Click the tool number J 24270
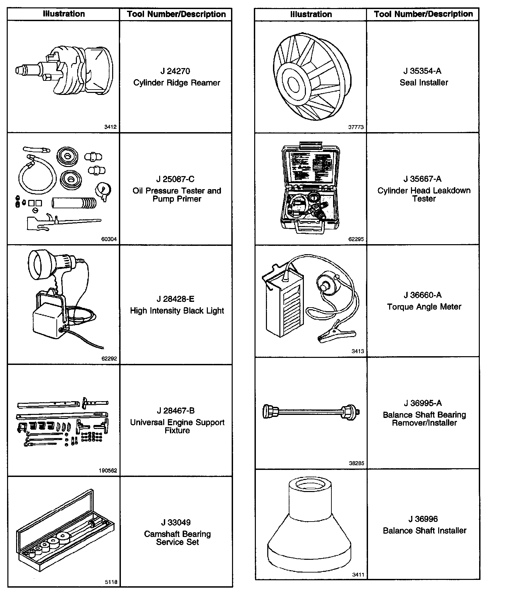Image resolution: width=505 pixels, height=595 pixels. (175, 71)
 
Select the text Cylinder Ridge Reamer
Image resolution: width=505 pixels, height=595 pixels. (177, 83)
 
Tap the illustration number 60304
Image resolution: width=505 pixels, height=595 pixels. (109, 239)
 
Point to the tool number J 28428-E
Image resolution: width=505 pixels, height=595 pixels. (176, 299)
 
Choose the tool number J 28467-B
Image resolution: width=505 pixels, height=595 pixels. (176, 411)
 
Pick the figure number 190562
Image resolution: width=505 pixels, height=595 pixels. (108, 471)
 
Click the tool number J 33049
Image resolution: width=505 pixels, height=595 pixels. (176, 523)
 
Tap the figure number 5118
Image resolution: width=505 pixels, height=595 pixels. (111, 582)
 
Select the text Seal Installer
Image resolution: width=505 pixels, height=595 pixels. (424, 83)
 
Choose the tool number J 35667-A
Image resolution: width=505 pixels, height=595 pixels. (422, 179)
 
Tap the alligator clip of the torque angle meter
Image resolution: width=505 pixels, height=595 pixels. (336, 335)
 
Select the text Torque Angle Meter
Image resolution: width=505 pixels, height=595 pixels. (424, 307)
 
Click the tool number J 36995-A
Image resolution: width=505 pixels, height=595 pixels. (423, 403)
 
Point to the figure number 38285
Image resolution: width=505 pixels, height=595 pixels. (356, 463)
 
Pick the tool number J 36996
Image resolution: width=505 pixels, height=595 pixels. (423, 519)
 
